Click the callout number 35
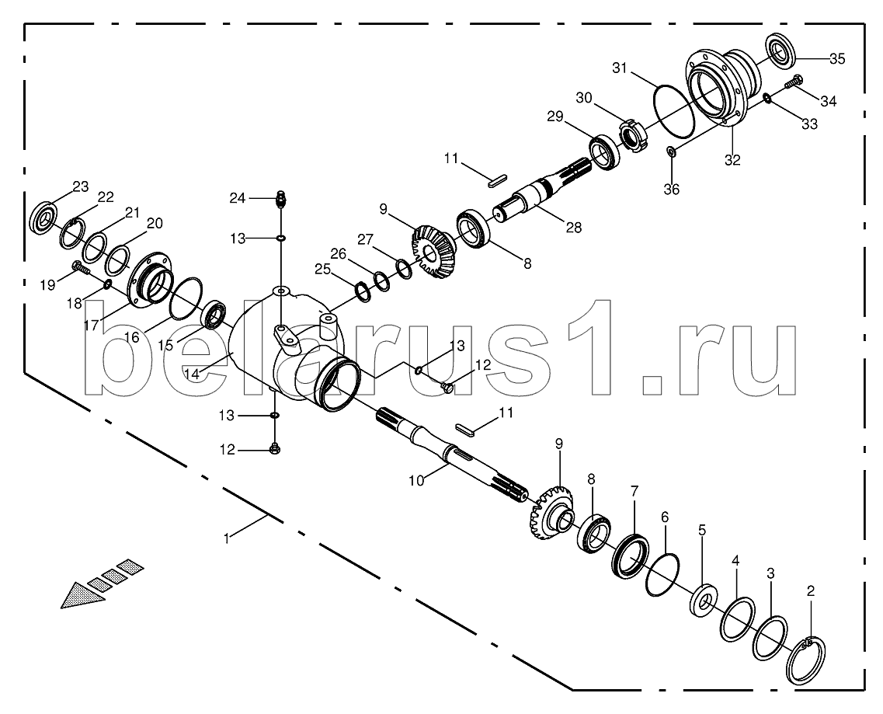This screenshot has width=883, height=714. click(837, 58)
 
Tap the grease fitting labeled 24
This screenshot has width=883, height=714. click(281, 199)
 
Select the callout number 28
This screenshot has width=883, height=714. click(574, 227)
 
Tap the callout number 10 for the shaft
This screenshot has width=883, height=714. click(415, 480)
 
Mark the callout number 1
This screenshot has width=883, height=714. click(227, 538)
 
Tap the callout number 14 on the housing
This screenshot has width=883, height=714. click(192, 374)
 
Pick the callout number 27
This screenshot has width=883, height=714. click(365, 239)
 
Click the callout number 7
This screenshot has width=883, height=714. click(634, 491)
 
